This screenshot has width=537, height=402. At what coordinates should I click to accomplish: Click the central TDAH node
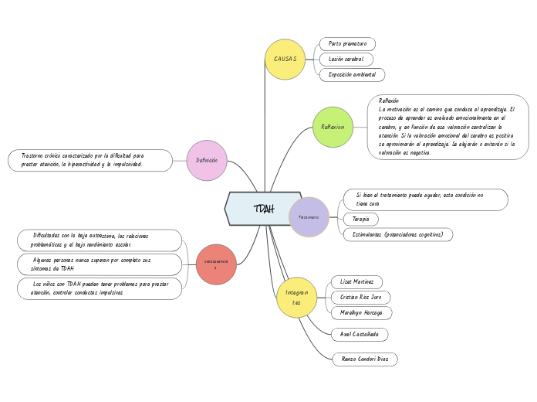(263, 209)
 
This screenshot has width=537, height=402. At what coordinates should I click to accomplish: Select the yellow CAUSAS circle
(285, 60)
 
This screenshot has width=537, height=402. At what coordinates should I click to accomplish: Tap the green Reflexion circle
(333, 127)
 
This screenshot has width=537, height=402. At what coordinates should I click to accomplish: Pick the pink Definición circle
(207, 161)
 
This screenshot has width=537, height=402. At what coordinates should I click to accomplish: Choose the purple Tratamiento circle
(309, 217)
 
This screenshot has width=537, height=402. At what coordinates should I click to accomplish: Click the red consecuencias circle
(216, 264)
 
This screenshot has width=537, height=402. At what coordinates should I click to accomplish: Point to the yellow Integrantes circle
(296, 298)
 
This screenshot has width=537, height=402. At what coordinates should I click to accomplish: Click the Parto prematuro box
(347, 44)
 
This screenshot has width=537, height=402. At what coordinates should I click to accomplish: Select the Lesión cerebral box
(346, 60)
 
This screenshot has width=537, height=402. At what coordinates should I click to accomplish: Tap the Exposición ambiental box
(352, 75)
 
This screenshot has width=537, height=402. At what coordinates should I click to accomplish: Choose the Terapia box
(360, 220)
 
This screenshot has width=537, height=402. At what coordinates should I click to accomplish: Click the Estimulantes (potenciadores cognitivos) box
(397, 234)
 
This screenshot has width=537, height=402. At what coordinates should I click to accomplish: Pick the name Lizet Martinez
(356, 282)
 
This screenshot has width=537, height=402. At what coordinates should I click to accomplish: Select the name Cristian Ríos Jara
(360, 298)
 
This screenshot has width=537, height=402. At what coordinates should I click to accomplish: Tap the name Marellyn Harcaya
(361, 313)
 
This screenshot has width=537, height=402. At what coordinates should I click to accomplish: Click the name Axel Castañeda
(359, 335)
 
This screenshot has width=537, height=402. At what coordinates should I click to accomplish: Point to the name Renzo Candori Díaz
(365, 359)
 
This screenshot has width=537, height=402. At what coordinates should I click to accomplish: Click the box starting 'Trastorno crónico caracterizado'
(90, 160)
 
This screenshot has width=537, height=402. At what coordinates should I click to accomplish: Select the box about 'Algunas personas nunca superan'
(99, 264)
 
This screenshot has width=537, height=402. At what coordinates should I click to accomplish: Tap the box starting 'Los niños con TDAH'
(99, 288)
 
